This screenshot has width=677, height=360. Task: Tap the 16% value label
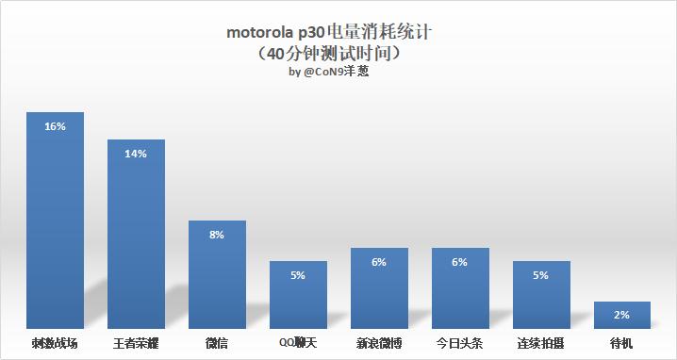(55, 126)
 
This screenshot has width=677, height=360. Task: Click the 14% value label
(136, 154)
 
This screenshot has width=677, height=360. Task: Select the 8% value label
(217, 235)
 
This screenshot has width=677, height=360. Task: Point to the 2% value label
(622, 316)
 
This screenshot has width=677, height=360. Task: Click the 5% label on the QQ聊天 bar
(298, 275)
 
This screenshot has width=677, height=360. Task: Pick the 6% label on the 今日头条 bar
(460, 262)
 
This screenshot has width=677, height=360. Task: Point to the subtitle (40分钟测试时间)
(338, 54)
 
